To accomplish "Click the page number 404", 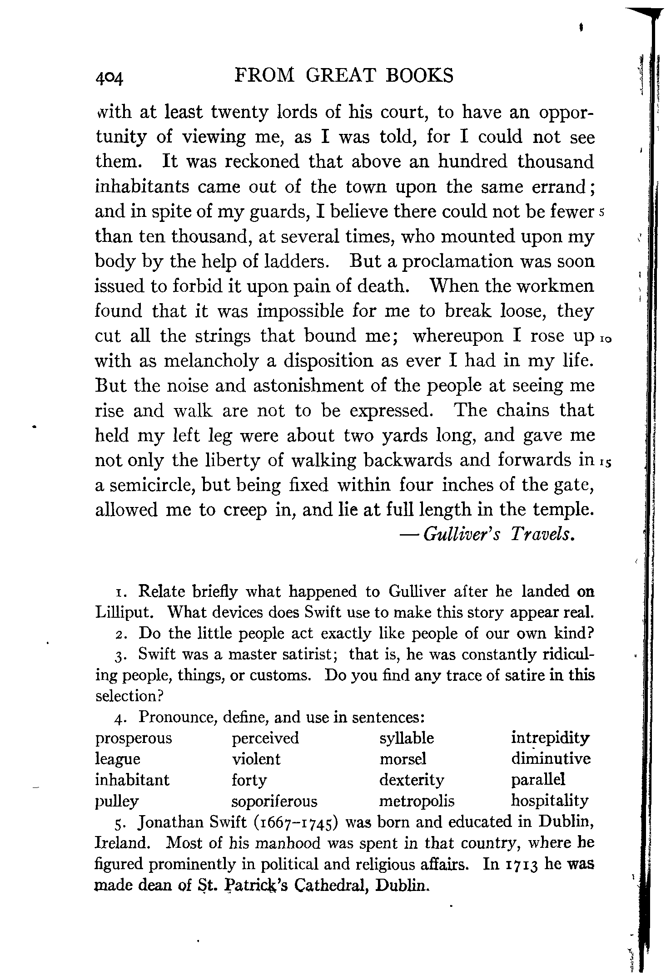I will click(109, 78).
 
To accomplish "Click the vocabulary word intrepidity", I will click(550, 738).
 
